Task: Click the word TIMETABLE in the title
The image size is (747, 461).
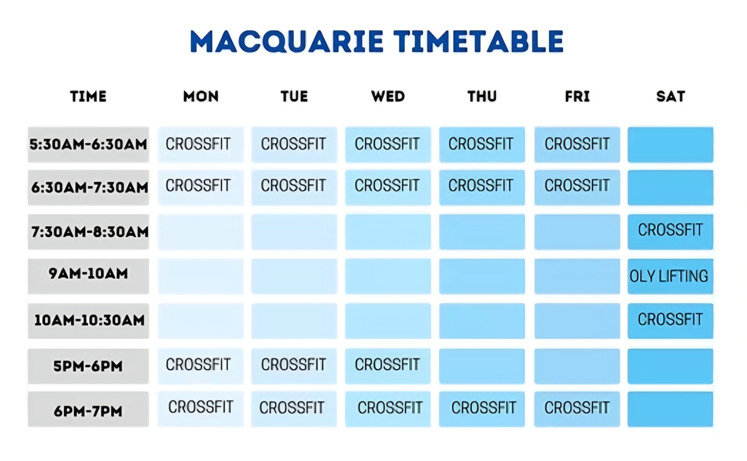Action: [478, 42]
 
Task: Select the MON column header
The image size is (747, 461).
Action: [201, 96]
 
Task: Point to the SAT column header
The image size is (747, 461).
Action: [671, 96]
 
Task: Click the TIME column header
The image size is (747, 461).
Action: [88, 96]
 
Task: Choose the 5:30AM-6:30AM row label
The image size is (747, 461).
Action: [88, 144]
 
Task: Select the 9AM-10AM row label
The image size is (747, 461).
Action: [88, 276]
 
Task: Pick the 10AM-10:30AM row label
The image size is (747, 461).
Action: [88, 321]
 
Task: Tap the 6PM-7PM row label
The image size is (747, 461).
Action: [88, 409]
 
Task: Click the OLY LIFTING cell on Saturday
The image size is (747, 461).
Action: [670, 276]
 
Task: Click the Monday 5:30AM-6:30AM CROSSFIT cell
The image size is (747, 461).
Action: [201, 144]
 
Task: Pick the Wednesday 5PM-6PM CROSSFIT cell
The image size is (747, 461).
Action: [388, 366]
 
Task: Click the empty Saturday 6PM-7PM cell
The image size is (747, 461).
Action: [670, 409]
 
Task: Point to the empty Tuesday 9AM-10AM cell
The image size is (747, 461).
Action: [294, 276]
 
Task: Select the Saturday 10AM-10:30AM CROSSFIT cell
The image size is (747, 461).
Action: [670, 321]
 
